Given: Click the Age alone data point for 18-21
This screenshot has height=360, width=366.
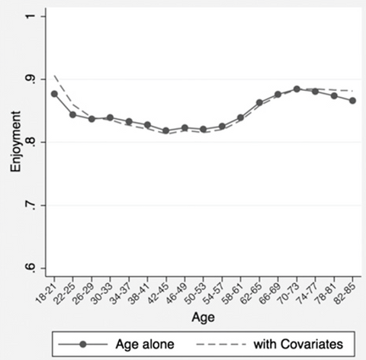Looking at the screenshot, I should tap(54, 94).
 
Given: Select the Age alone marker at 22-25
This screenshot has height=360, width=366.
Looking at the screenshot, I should tap(72, 115).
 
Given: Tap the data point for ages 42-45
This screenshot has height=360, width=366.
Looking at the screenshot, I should tap(165, 131).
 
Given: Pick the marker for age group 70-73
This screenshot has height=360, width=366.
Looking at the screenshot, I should tap(297, 89).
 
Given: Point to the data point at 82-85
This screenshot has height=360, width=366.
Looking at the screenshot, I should tap(352, 101).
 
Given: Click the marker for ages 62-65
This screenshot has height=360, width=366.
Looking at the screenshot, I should tap(259, 102).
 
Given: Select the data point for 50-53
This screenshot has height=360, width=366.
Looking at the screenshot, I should tap(203, 130).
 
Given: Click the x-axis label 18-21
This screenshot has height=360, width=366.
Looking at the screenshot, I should tap(50, 291).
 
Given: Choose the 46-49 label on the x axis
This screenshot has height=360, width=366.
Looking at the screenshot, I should tap(181, 291).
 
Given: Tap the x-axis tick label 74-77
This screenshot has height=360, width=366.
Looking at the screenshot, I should tap(311, 291).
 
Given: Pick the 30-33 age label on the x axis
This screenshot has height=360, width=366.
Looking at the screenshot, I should tap(106, 291).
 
